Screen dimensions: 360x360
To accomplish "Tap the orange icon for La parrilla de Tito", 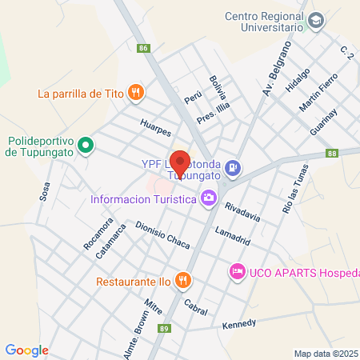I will (x=136, y=93).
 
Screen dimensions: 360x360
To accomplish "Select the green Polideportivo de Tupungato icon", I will (x=90, y=146).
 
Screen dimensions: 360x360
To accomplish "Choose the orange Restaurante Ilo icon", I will (x=184, y=280).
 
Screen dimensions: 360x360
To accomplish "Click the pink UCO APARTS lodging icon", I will (x=237, y=272).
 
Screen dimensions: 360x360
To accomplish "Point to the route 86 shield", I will (x=143, y=48).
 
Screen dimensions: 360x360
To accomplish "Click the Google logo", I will (x=26, y=350).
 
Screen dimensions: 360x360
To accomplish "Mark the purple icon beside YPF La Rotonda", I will (x=233, y=167).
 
